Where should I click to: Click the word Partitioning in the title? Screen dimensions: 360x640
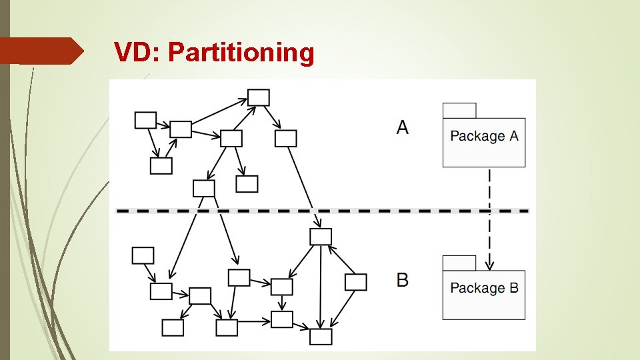pyautogui.click(x=241, y=53)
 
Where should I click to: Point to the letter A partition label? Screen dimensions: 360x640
pyautogui.click(x=402, y=127)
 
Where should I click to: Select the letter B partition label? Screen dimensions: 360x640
pyautogui.click(x=402, y=279)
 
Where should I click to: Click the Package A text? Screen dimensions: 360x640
pyautogui.click(x=484, y=136)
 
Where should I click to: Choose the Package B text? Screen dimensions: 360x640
pyautogui.click(x=484, y=288)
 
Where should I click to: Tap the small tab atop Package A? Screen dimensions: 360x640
pyautogui.click(x=459, y=111)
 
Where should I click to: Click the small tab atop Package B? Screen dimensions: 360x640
pyautogui.click(x=459, y=263)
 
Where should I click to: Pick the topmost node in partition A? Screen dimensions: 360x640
pyautogui.click(x=259, y=97)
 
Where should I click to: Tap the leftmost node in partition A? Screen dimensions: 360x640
pyautogui.click(x=145, y=120)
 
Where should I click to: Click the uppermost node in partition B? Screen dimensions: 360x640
pyautogui.click(x=321, y=237)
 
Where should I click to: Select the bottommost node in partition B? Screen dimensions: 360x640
pyautogui.click(x=321, y=337)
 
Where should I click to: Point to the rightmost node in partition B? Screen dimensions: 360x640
pyautogui.click(x=355, y=282)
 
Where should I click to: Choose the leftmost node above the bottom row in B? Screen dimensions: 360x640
pyautogui.click(x=143, y=255)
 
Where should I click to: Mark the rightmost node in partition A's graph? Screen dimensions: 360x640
pyautogui.click(x=285, y=139)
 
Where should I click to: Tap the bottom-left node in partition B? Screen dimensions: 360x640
pyautogui.click(x=173, y=327)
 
